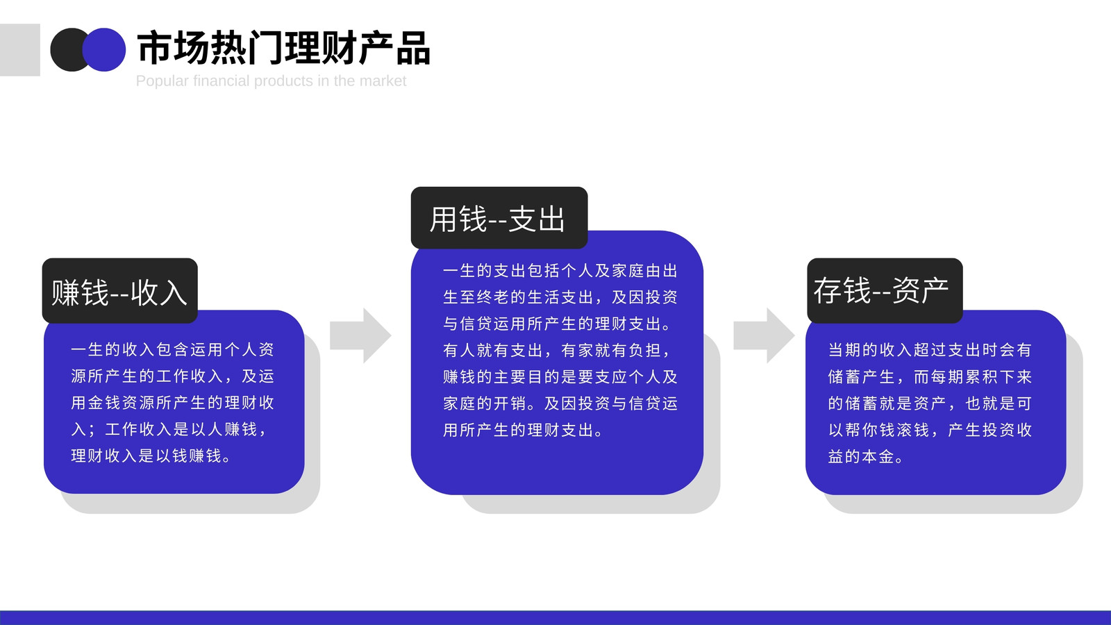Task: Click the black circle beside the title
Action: pos(67,49)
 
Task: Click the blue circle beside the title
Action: pos(104,49)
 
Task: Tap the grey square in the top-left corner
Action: pos(20,49)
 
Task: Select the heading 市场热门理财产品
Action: pos(283,48)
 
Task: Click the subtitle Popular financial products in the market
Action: pos(271,81)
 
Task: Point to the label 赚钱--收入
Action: pos(119,292)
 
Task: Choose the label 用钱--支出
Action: pos(497,219)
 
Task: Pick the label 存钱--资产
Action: pos(881,290)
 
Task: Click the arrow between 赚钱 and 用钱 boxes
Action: pos(360,335)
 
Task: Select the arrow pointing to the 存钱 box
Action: pos(764,335)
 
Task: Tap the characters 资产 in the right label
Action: pos(921,290)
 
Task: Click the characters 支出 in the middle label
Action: pos(537,219)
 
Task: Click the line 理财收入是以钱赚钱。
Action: pos(151,456)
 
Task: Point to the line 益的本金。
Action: pos(865,456)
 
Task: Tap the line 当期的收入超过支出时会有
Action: pos(930,350)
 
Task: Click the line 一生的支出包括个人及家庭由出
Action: pos(560,271)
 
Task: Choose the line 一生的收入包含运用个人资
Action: pos(173,350)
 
